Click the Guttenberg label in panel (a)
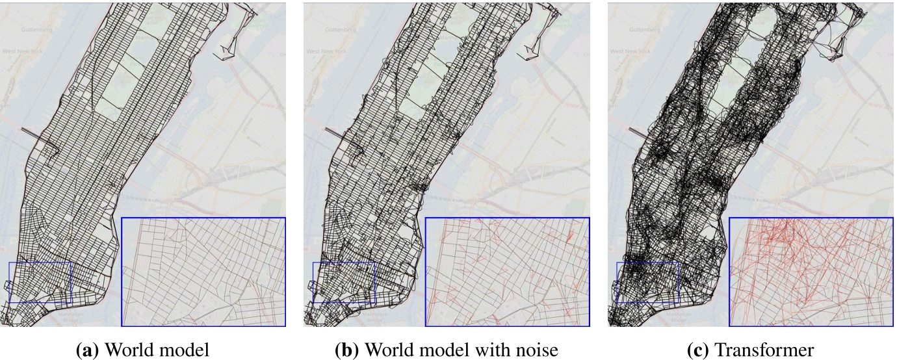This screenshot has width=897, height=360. pos(36,29)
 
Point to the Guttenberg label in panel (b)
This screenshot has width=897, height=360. pos(340,29)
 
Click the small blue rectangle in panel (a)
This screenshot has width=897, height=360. pos(40,282)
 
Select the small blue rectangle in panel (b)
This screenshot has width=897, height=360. pos(343,282)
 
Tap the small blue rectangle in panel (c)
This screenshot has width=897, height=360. pos(647,282)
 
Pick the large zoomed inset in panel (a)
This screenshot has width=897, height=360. pos(203,272)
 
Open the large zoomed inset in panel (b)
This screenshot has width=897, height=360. pos(507,272)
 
